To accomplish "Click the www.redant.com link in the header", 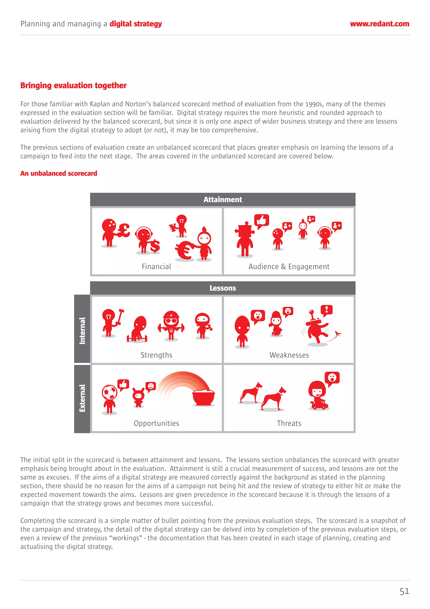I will coord(379,24).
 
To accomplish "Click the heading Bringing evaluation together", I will coord(73,85).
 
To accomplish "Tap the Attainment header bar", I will coord(223,199).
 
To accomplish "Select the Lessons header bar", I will coord(223,288).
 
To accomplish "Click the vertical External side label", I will coord(82,398).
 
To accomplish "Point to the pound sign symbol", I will coord(124,230).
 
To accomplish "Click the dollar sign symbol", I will coord(155,246).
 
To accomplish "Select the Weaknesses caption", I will coord(289,355).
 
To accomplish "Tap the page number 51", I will coord(404,591).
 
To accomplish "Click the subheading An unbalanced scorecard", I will coord(59,173).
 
